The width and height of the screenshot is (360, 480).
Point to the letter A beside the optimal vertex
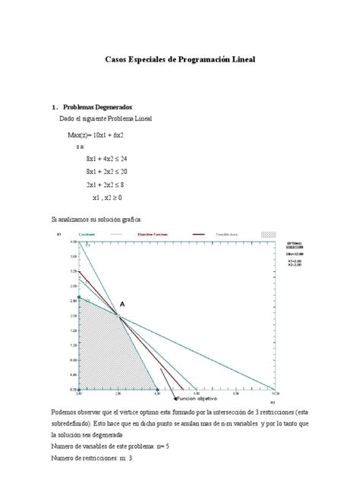click(122, 304)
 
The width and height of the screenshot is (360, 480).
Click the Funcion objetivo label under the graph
click(197, 396)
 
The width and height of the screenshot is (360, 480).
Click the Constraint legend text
click(107, 234)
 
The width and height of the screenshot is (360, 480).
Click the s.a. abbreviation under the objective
click(81, 146)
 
